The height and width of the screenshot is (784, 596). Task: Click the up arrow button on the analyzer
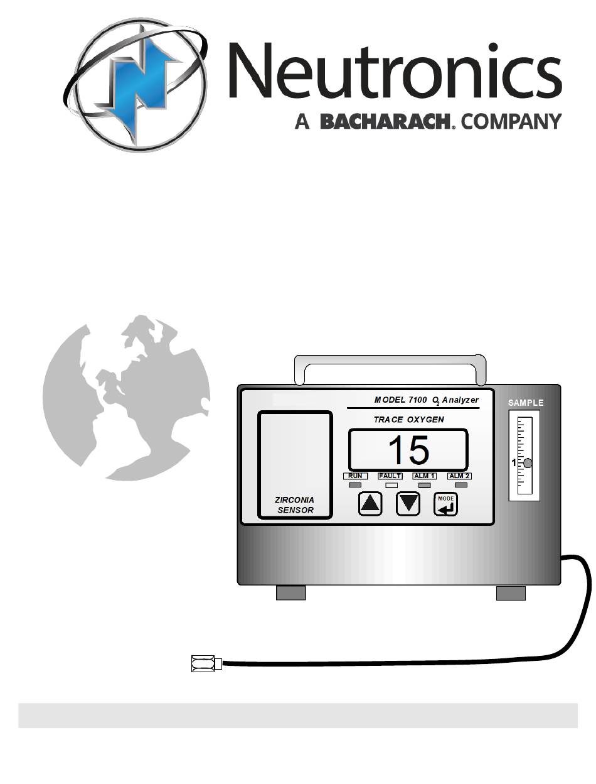[x=370, y=503]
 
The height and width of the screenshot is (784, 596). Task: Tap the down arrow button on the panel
[x=408, y=503]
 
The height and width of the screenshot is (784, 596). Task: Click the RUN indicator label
[x=355, y=476]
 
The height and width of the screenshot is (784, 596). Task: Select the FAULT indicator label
[x=390, y=476]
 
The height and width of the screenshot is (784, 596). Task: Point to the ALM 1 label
[x=425, y=476]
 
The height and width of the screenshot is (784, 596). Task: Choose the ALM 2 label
[x=459, y=476]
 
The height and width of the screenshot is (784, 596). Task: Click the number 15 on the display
[x=408, y=450]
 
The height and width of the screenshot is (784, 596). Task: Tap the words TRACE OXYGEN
[x=408, y=419]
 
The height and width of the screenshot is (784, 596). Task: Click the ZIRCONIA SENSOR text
[x=295, y=505]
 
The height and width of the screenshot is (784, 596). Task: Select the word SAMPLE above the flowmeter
[x=525, y=403]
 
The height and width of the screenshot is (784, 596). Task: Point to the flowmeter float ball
[x=528, y=464]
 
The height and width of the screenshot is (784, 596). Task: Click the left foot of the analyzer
[x=290, y=592]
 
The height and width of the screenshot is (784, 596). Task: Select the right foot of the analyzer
[x=511, y=592]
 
